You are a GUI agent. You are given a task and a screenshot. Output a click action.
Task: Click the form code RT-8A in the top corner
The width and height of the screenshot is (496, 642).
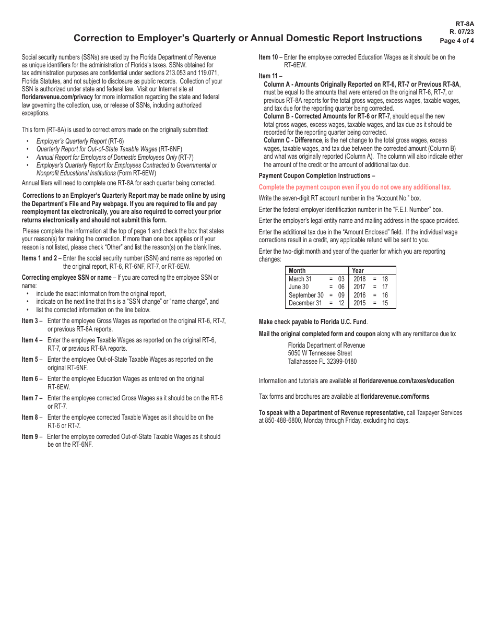tap(465, 24)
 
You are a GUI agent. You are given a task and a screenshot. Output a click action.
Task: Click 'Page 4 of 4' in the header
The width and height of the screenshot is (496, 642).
tap(457, 41)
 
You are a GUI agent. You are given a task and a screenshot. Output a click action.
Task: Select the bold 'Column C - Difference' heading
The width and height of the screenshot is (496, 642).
tap(292, 140)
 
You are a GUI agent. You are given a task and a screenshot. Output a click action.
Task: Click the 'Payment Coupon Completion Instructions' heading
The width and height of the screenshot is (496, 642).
tap(316, 176)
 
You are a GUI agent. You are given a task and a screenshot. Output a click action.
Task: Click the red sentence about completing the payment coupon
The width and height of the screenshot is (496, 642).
tap(355, 187)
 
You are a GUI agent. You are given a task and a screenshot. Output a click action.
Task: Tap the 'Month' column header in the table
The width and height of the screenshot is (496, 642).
tap(297, 270)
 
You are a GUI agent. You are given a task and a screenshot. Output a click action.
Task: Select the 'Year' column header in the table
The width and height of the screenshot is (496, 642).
tap(358, 270)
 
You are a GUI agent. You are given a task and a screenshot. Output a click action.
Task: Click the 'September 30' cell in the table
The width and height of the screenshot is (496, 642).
tap(306, 295)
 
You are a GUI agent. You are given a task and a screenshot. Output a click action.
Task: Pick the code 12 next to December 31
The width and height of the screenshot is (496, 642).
tap(341, 303)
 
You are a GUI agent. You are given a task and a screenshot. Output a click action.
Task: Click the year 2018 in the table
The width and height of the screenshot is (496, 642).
tap(359, 279)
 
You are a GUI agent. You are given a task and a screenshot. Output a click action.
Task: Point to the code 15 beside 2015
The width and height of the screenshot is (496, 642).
tap(385, 303)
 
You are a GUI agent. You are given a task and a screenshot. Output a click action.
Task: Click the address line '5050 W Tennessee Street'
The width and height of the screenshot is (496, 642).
tap(320, 353)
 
